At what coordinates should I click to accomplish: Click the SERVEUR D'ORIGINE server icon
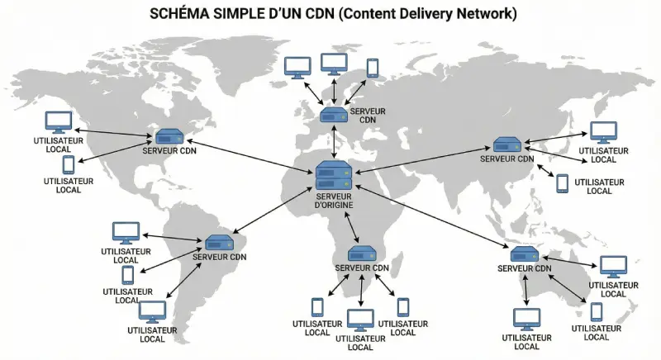point(333,176)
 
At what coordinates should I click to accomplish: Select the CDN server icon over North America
point(169,136)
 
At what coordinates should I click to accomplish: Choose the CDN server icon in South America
point(220,243)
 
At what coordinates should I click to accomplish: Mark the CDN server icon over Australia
point(525,254)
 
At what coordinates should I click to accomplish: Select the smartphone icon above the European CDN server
point(373,67)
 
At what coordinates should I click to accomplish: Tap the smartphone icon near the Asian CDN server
point(562,183)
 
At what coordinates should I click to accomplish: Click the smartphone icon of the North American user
point(69,165)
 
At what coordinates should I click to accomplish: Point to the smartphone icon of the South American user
point(128,275)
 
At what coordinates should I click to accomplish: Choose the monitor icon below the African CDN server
point(360,320)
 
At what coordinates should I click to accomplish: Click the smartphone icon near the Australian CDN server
point(596,312)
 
